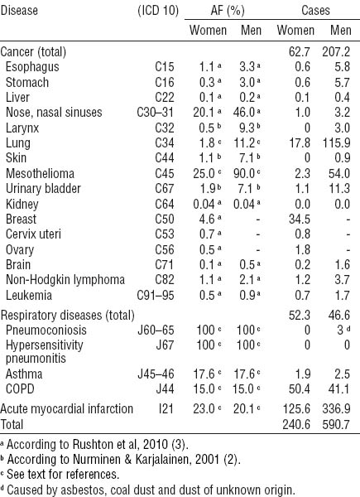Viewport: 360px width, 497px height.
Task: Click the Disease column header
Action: (x=19, y=11)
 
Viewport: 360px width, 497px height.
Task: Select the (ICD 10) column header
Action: (x=158, y=11)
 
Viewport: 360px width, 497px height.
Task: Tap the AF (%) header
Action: (x=228, y=11)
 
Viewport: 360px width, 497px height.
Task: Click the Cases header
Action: (x=315, y=11)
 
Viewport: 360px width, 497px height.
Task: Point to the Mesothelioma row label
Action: (x=40, y=174)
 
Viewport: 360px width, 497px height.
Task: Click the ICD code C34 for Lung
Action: (x=165, y=143)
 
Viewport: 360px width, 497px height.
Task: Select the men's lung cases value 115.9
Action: (x=336, y=143)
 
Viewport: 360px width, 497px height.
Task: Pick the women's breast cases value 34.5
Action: (x=300, y=220)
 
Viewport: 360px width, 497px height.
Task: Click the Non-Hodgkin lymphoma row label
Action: (x=65, y=280)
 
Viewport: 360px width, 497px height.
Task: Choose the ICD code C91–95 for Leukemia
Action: (x=156, y=296)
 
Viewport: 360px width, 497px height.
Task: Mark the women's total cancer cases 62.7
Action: (x=300, y=51)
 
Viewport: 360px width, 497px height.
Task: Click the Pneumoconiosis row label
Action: (x=46, y=330)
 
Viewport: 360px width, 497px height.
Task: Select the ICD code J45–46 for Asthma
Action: (x=156, y=374)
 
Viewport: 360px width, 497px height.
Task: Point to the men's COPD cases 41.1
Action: (x=338, y=389)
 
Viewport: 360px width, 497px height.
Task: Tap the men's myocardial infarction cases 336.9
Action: (x=336, y=409)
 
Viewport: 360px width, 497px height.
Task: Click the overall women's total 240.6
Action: (x=296, y=424)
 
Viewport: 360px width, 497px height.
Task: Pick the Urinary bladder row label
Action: (x=43, y=189)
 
